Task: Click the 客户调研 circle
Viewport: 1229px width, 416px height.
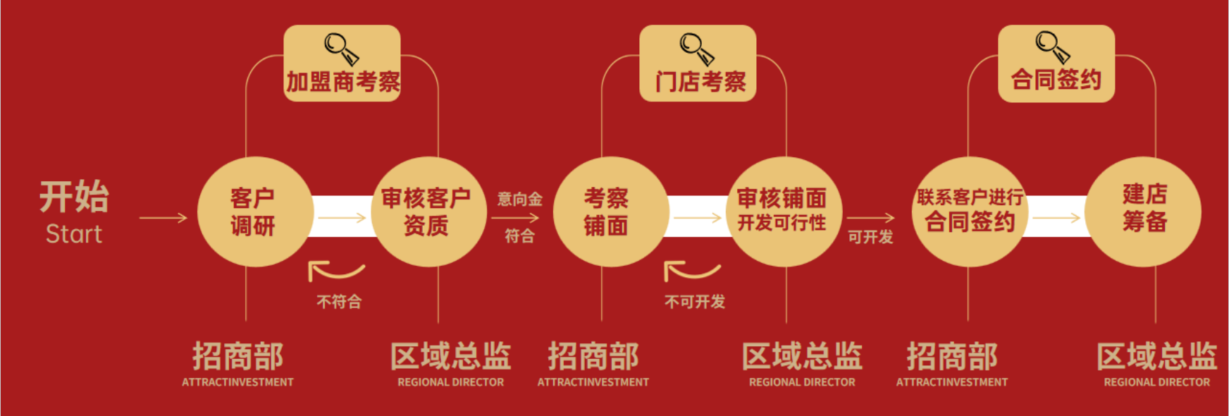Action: [x=255, y=212]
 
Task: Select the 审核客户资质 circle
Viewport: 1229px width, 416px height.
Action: [x=428, y=212]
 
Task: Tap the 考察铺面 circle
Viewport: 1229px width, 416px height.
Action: [x=611, y=212]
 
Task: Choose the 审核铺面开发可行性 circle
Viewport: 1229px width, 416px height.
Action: [x=784, y=212]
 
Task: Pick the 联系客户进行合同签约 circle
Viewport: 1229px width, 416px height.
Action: [x=970, y=212]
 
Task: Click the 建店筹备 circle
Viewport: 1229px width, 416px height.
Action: [x=1143, y=212]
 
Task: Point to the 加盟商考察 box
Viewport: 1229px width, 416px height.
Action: [x=342, y=63]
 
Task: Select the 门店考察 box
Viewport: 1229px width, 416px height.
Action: [x=698, y=63]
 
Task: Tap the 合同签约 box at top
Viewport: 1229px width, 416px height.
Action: [x=1056, y=63]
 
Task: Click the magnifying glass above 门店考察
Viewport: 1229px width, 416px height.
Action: [x=697, y=49]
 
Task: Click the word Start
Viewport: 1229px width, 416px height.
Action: [x=74, y=234]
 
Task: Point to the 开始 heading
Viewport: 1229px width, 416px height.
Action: [x=74, y=196]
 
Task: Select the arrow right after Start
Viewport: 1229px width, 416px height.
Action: [x=163, y=218]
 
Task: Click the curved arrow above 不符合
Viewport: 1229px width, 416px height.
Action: [x=336, y=271]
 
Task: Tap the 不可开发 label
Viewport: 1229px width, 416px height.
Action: [x=695, y=302]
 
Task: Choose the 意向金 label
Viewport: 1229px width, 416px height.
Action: [x=520, y=200]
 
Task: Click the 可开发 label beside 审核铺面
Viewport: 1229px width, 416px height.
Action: [x=870, y=237]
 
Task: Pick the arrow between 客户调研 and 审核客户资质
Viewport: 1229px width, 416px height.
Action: [x=342, y=218]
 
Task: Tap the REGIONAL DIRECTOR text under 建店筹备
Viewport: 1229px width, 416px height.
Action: [x=1156, y=382]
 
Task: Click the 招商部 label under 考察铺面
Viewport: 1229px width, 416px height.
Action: [x=593, y=356]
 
